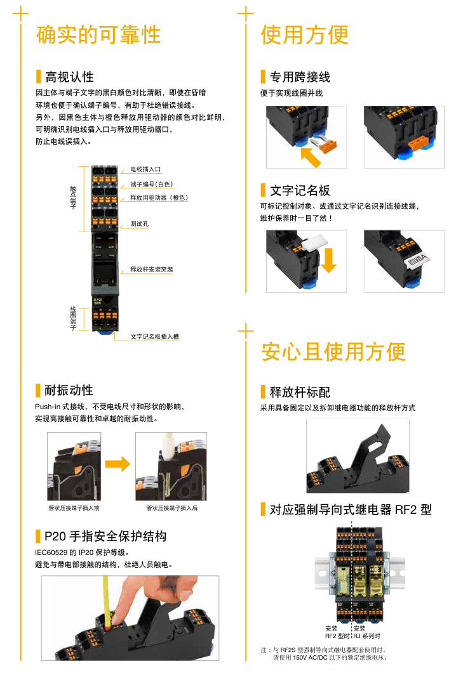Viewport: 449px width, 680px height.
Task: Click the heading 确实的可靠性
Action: [98, 35]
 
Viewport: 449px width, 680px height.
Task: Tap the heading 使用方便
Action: [304, 35]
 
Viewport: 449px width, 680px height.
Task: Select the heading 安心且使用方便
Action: [333, 351]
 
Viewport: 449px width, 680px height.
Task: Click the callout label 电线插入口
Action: [145, 169]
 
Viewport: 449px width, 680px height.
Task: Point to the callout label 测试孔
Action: [139, 224]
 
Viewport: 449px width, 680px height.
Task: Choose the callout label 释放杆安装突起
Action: [152, 270]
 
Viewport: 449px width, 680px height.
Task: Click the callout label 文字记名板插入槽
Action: [154, 337]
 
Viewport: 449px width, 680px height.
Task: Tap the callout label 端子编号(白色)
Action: [152, 185]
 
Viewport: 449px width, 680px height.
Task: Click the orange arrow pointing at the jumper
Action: [311, 157]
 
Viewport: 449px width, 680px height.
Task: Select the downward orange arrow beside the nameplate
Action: [329, 260]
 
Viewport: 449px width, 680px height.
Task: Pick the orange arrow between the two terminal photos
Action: [117, 464]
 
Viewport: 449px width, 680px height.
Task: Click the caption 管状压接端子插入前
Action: [74, 508]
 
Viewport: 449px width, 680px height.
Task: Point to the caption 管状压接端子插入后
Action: [172, 508]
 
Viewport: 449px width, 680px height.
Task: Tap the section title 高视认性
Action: [69, 77]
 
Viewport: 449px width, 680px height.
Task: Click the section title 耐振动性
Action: [69, 390]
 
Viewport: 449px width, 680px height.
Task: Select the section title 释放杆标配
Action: [300, 392]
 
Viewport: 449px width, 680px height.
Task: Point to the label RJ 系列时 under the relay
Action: [367, 636]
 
